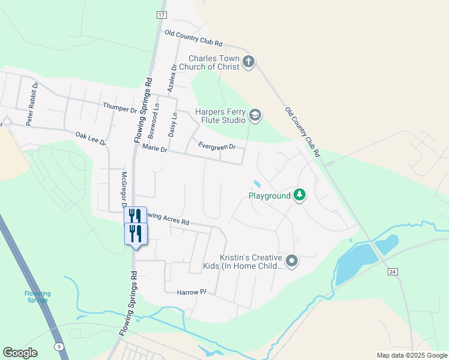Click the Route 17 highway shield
161,14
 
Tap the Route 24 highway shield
393,272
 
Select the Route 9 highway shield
59,346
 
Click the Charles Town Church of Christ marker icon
249,61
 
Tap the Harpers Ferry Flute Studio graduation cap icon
255,115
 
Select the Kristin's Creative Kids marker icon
292,260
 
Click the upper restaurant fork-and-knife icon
135,215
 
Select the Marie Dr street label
154,148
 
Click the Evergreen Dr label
217,146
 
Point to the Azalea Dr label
172,78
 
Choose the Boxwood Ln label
155,119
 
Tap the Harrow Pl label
191,292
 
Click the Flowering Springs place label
38,296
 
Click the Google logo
20,352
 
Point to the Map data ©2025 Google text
411,355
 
